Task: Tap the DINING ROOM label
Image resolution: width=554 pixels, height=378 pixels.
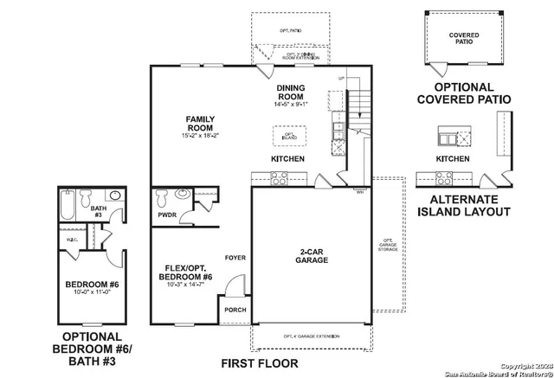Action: pyautogui.click(x=291, y=93)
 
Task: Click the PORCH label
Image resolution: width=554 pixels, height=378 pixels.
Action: pyautogui.click(x=235, y=310)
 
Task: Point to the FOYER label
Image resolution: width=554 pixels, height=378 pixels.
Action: pyautogui.click(x=235, y=258)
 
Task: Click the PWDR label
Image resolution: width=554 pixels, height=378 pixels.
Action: pyautogui.click(x=168, y=214)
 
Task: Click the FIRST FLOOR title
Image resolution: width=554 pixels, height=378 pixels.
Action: pyautogui.click(x=259, y=363)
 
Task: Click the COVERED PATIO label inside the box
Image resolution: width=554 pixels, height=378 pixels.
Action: pyautogui.click(x=464, y=39)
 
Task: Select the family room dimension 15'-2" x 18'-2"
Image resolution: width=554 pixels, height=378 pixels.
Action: pyautogui.click(x=200, y=136)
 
